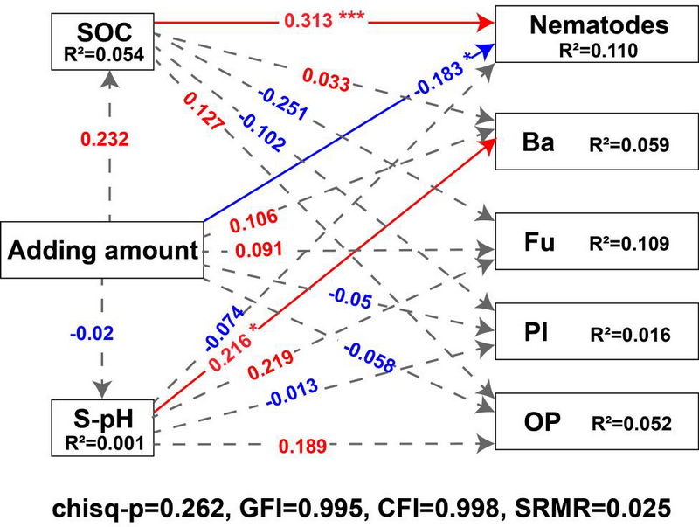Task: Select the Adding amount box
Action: pos(103,252)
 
